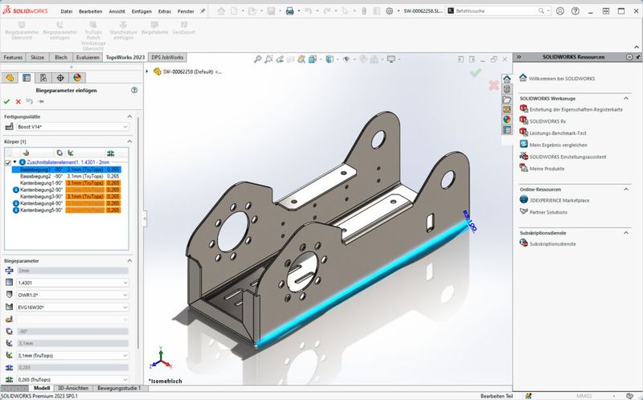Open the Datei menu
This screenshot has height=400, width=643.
point(66,11)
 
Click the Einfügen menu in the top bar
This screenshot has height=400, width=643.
point(142,11)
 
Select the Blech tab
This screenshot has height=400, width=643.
point(60,58)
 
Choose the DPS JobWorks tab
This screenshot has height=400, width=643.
point(168,58)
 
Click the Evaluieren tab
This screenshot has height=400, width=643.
point(88,58)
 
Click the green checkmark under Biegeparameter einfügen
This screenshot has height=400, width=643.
point(7,101)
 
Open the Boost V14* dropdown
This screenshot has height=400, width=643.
point(71,127)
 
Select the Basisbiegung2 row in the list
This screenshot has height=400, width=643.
point(40,176)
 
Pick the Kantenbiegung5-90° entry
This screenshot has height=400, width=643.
point(41,210)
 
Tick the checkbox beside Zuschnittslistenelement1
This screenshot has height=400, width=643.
point(7,161)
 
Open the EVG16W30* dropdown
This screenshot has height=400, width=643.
point(71,307)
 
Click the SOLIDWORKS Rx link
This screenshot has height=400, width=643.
point(547,120)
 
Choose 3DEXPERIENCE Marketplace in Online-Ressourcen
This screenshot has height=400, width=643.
point(564,200)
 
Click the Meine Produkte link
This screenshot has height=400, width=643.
point(547,168)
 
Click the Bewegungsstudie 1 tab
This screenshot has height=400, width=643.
point(121,388)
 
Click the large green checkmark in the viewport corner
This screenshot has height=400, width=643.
point(476,72)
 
